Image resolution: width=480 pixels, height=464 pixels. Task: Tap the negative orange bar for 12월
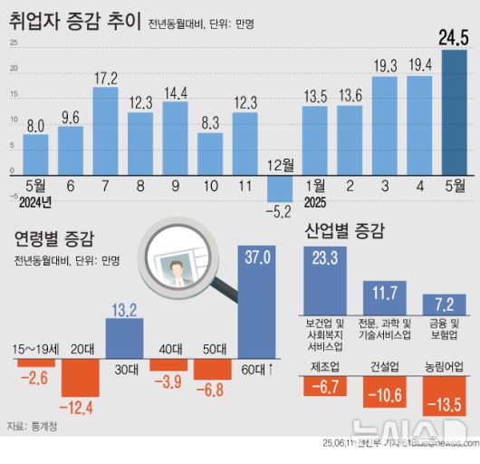(280, 188)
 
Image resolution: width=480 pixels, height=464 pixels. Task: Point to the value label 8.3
(210, 121)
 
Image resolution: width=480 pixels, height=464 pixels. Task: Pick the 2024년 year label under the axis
(34, 201)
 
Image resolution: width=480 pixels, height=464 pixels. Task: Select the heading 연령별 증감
(53, 239)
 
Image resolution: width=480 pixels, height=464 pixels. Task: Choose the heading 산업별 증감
(345, 230)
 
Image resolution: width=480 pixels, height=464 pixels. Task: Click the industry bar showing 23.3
(324, 281)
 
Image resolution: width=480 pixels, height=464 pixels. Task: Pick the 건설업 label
(384, 368)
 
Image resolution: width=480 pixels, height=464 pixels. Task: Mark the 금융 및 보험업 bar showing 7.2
(444, 304)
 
